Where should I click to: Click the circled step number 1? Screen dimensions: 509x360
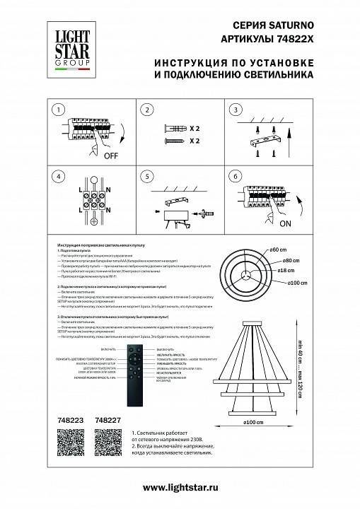click(59, 110)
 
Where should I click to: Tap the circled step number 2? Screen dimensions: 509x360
click(147, 110)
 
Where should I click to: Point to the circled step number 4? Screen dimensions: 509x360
click(59, 177)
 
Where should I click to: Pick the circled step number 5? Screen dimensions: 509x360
click(147, 177)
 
